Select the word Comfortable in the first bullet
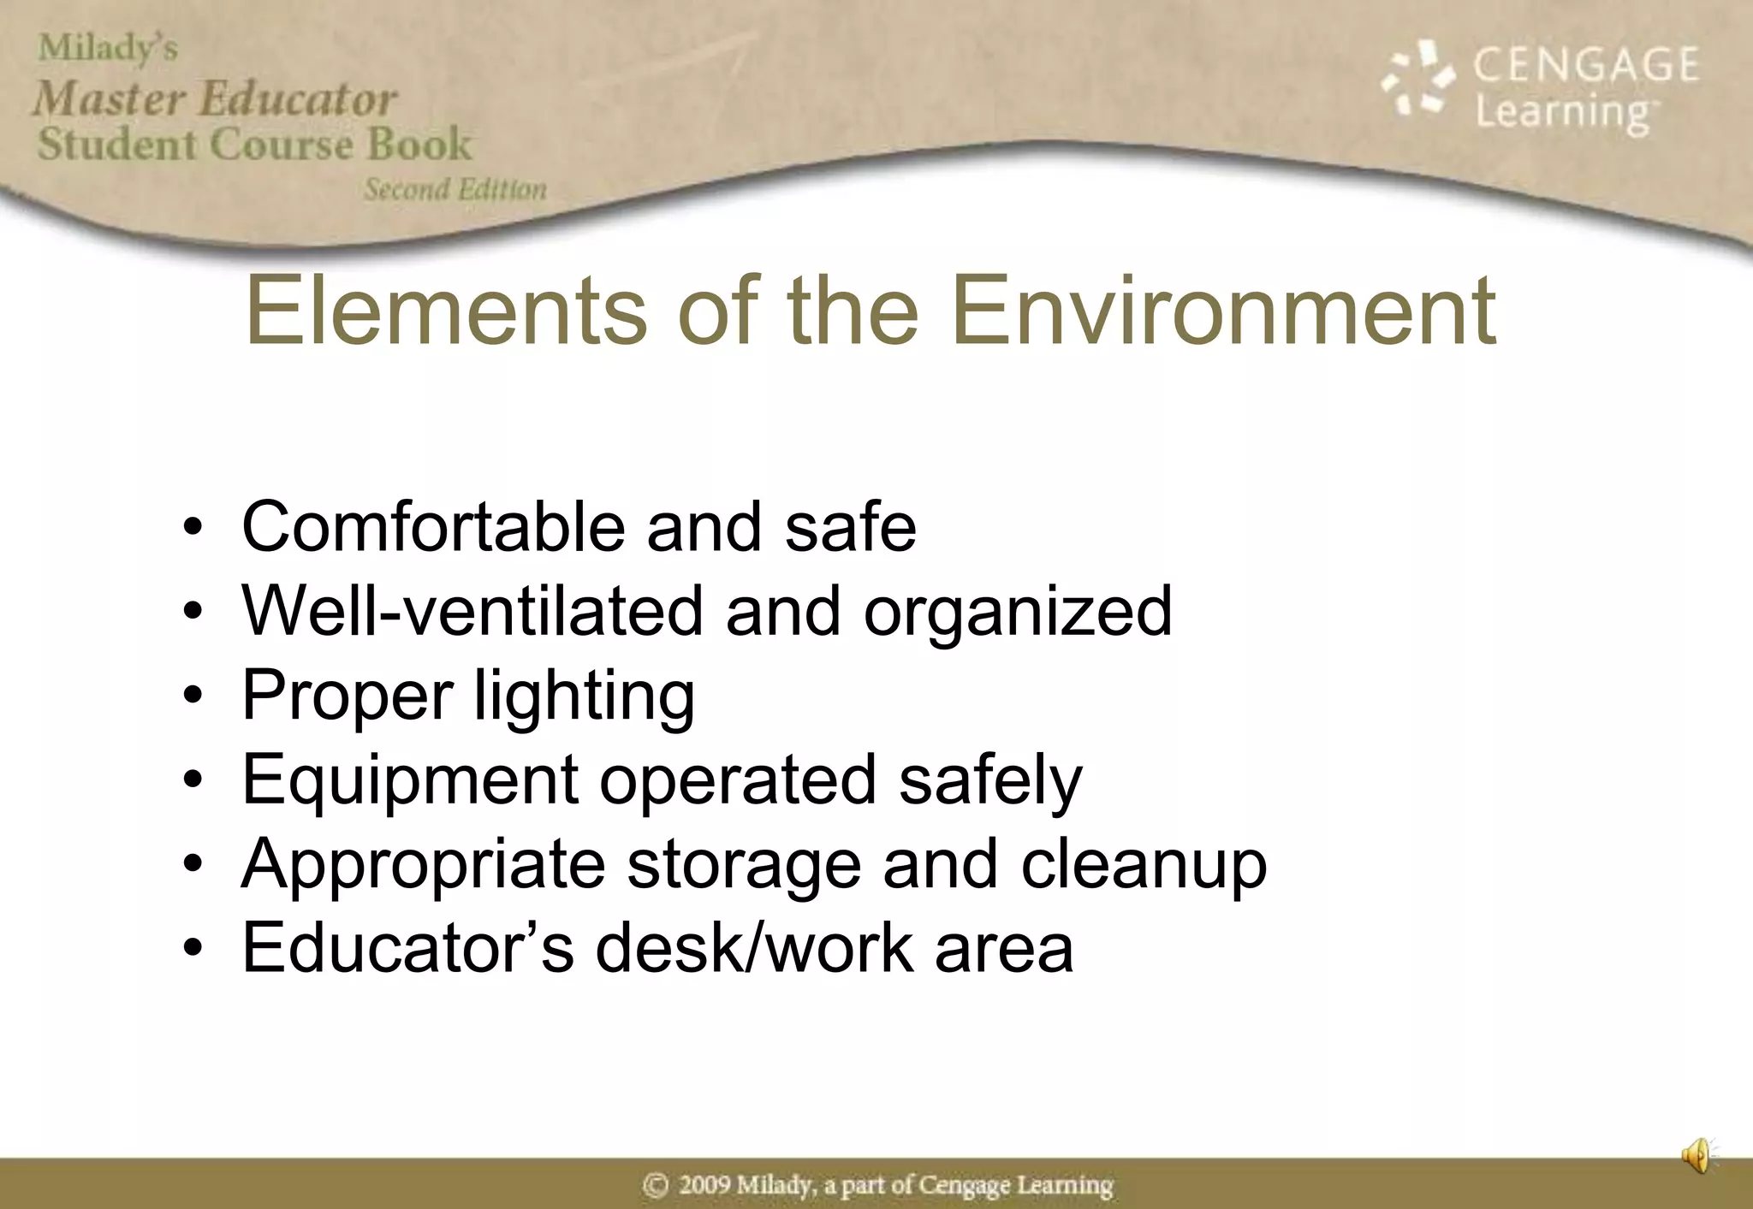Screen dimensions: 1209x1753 tap(433, 526)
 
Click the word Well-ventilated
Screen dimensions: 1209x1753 tap(472, 611)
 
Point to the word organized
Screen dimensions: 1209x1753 tap(1018, 613)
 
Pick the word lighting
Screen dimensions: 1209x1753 tap(584, 696)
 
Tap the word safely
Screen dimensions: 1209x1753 tap(990, 780)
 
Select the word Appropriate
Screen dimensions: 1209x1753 tap(424, 865)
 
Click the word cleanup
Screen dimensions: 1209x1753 tap(1144, 865)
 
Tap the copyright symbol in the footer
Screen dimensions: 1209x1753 tap(655, 1185)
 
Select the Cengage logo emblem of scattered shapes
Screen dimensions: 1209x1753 tap(1417, 80)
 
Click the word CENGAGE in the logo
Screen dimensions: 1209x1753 tap(1585, 65)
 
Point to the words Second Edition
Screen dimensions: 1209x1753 tap(455, 189)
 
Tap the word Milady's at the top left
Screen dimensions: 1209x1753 tap(108, 48)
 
